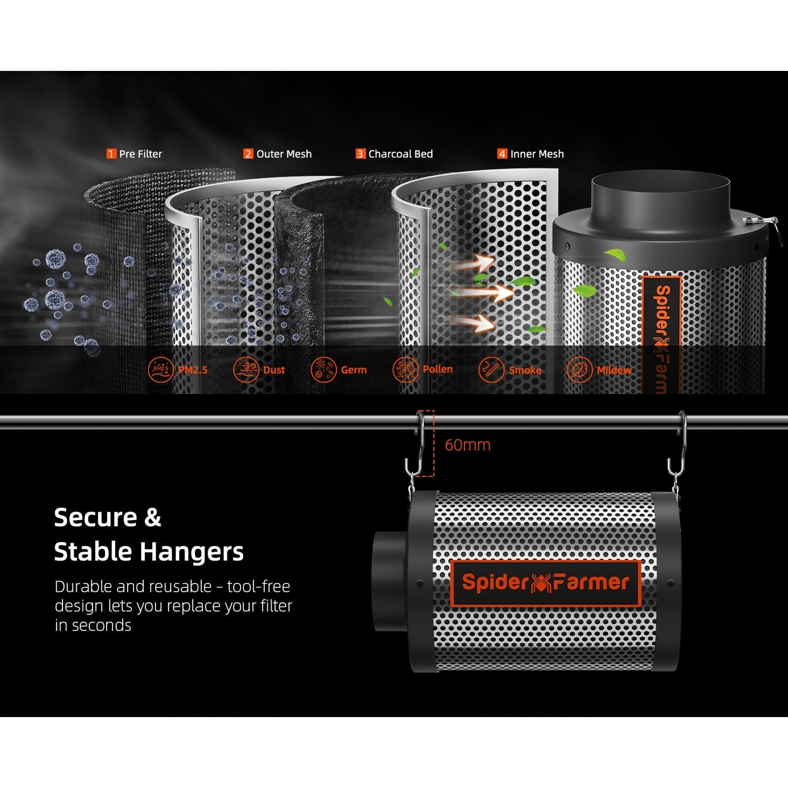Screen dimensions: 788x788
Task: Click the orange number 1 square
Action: coord(111,154)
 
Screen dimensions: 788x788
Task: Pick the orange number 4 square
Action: coord(502,154)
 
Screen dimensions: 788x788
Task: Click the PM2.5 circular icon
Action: coord(161,370)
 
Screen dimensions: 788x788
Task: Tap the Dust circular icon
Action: coord(246,370)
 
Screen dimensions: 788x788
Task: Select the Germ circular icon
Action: coord(323,370)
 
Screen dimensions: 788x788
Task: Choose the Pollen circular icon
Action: coord(406,370)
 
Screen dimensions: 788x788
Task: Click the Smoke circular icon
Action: coord(491,370)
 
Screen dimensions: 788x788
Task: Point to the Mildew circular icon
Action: coord(579,370)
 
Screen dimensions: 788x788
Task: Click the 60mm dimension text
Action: coord(468,445)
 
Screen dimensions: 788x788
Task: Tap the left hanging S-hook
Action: coord(414,444)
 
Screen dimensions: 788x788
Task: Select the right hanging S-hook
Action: coord(677,444)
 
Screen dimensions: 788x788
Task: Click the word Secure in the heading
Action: coord(92,517)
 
